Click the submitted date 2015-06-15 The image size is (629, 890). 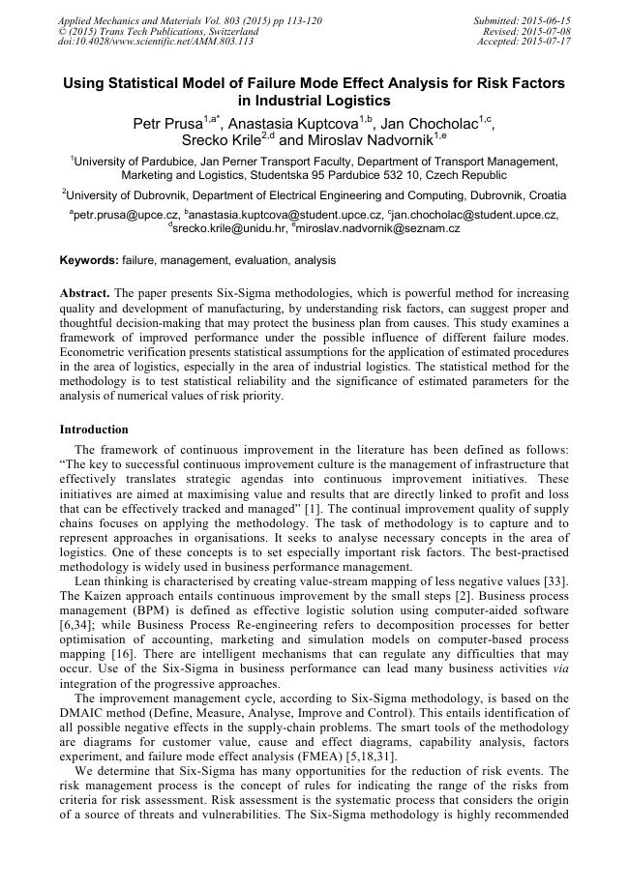[545, 20]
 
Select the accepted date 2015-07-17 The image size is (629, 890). [545, 42]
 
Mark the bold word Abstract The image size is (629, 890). [84, 292]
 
